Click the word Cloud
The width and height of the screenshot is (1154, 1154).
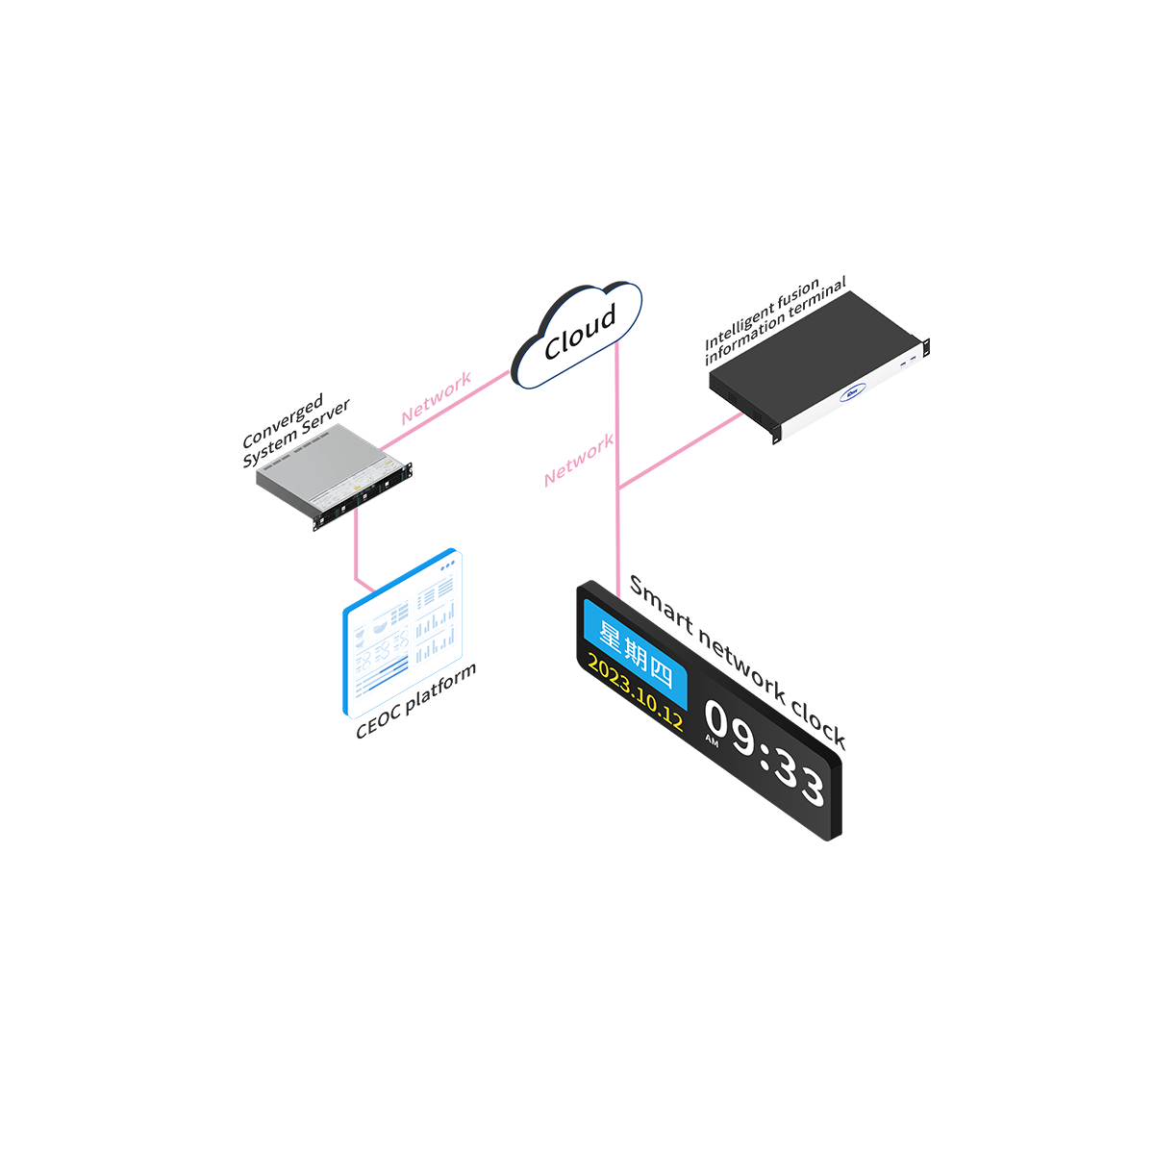click(579, 333)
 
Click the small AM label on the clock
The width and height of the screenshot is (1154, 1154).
click(712, 740)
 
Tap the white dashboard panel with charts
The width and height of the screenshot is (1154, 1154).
click(405, 635)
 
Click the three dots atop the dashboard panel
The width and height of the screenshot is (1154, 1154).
click(446, 568)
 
